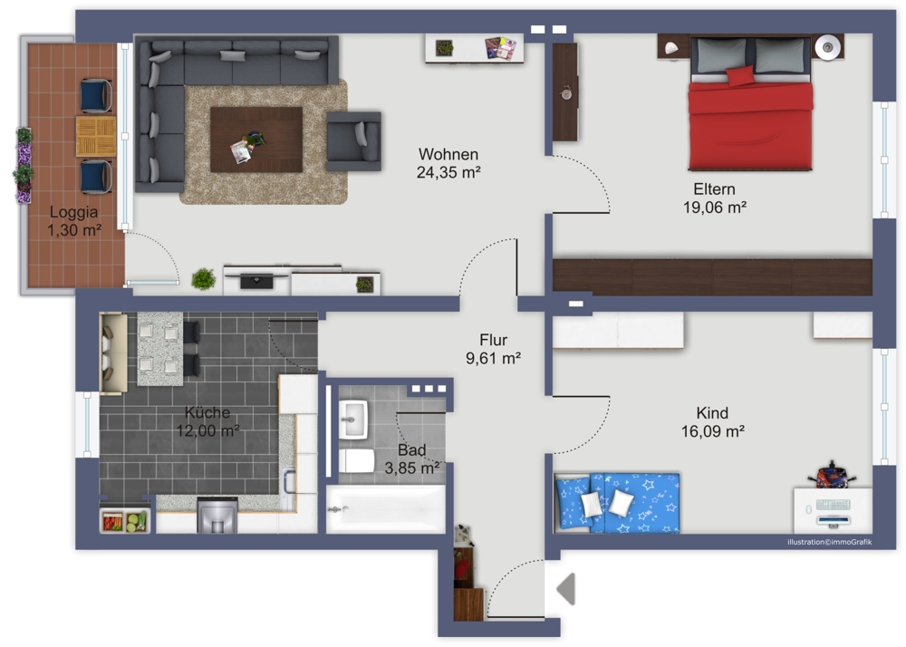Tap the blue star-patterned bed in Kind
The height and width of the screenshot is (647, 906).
point(617,503)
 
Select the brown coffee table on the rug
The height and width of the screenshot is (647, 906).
point(256,140)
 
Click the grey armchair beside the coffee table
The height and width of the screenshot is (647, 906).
point(353,141)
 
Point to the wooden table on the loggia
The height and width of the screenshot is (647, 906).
point(96,136)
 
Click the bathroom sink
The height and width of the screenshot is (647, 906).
point(353,419)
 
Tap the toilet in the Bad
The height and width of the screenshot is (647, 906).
point(357,461)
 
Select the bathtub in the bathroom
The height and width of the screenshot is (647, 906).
point(385,509)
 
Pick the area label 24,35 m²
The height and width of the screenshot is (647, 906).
point(449,172)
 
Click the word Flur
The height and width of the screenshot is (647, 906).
point(494,340)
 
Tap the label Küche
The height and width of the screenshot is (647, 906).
point(207,412)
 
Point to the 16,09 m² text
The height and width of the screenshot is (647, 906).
point(712,431)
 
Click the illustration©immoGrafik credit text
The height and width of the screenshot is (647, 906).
point(830,542)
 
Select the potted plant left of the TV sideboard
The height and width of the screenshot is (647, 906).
point(203,279)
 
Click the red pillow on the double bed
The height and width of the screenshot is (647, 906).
point(740,76)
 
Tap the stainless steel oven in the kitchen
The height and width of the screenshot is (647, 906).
point(217,516)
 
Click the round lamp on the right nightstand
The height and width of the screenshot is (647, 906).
point(828,47)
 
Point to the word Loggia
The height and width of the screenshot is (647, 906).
point(73,213)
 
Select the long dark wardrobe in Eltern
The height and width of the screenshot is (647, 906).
point(712,277)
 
